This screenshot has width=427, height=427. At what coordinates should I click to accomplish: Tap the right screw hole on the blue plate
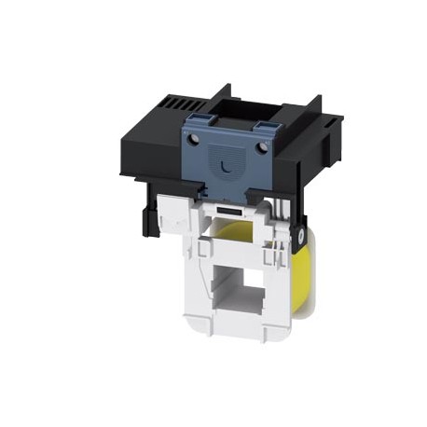[263, 146]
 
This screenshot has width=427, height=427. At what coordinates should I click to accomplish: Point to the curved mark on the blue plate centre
[227, 167]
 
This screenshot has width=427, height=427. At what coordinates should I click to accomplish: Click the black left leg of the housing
[145, 218]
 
